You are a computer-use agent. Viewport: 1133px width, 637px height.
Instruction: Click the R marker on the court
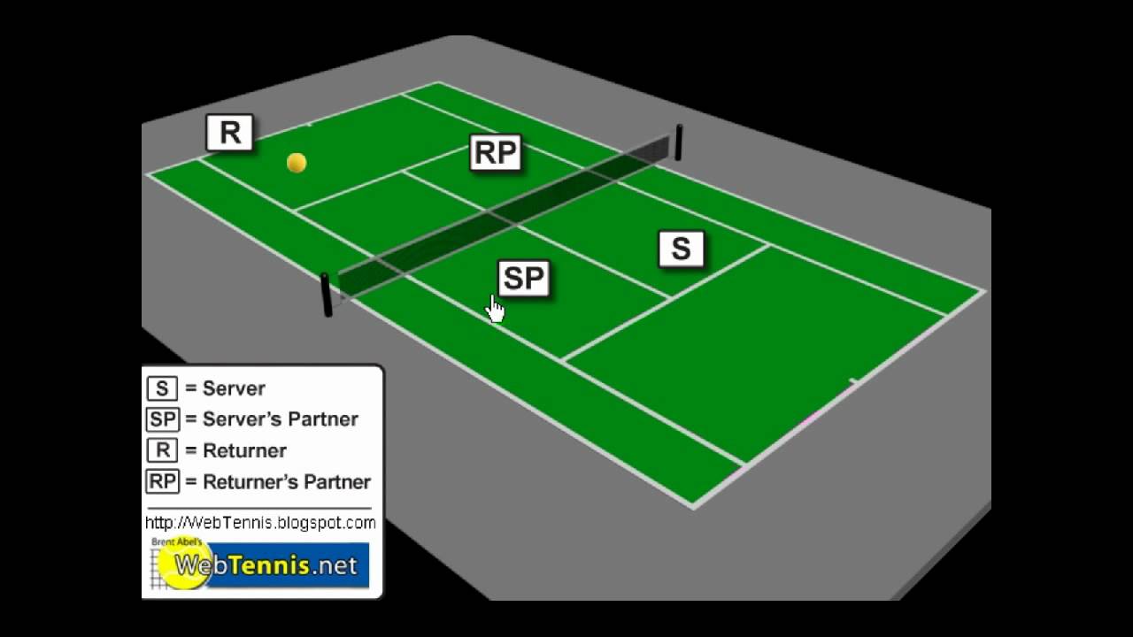coord(230,133)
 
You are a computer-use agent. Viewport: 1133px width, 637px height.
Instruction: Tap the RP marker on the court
coord(496,153)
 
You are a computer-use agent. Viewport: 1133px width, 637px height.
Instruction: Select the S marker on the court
coord(681,249)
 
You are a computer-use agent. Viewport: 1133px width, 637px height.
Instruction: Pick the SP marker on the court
coord(524,279)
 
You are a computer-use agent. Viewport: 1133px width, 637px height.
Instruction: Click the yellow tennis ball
coord(297,163)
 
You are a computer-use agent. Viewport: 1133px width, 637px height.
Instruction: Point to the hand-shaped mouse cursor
coord(496,309)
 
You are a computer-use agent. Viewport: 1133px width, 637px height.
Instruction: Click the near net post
coord(327,295)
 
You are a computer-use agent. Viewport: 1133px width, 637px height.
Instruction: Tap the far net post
coord(679,142)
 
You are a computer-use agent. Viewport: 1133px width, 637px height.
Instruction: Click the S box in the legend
coord(162,388)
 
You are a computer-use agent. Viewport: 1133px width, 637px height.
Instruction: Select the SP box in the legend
coord(162,419)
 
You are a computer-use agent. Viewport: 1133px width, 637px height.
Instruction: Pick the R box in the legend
coord(162,450)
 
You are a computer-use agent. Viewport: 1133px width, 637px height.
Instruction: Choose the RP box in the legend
coord(162,482)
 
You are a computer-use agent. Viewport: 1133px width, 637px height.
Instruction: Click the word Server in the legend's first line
coord(234,388)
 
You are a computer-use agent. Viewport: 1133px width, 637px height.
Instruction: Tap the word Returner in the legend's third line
coord(244,450)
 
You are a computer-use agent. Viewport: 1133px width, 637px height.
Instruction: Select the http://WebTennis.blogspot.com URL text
coord(260,523)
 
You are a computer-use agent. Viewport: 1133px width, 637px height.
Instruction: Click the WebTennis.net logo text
coord(266,564)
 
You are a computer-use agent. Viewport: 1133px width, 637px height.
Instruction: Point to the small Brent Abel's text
coord(176,541)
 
